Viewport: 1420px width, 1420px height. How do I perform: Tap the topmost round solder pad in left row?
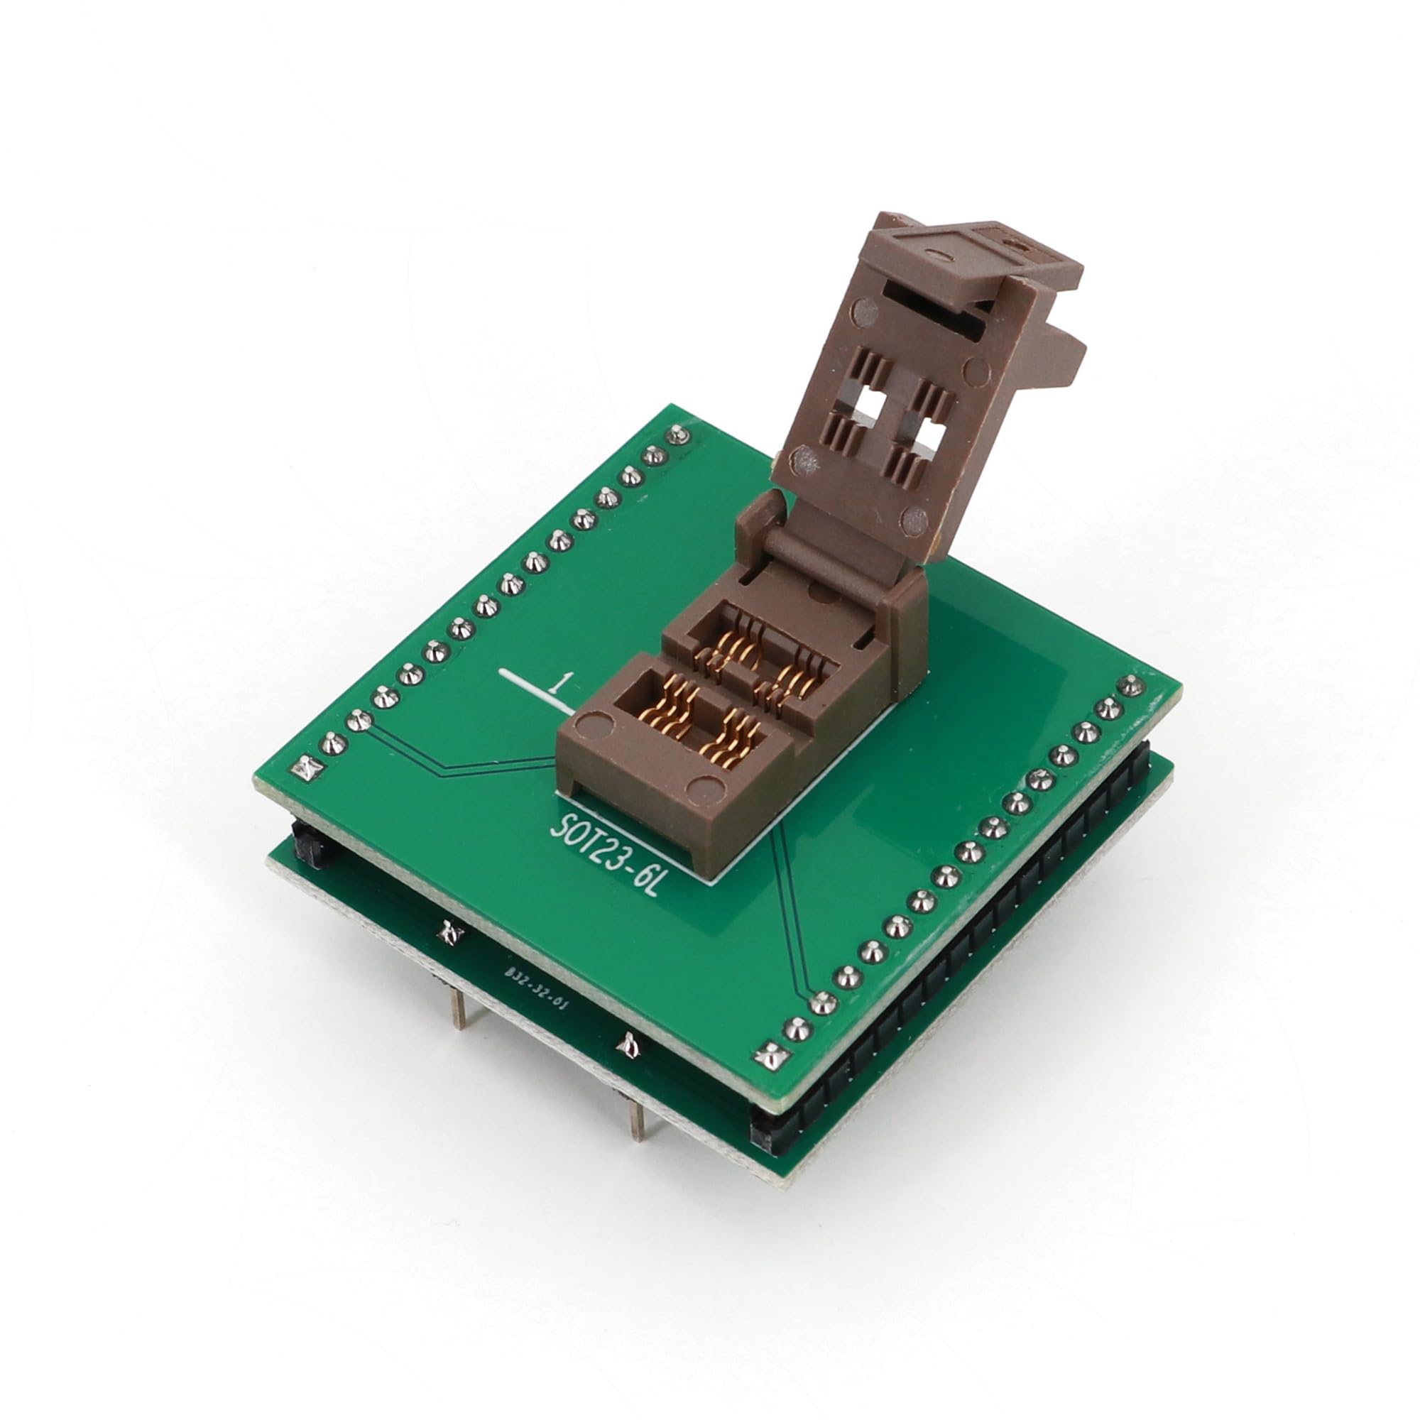[677, 435]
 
